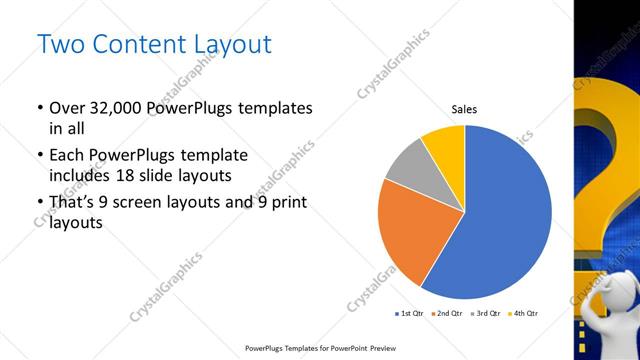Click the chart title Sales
click(x=464, y=109)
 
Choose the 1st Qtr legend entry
click(x=411, y=314)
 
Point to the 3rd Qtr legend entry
click(x=487, y=314)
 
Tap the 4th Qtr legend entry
click(x=524, y=314)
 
